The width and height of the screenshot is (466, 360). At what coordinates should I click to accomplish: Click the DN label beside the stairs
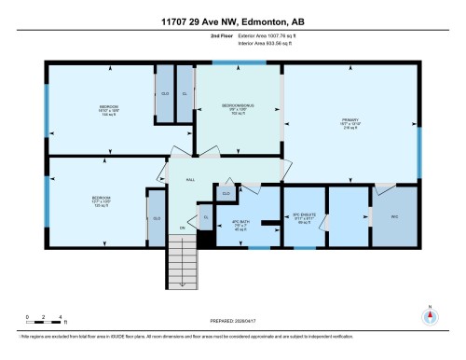pos(183,228)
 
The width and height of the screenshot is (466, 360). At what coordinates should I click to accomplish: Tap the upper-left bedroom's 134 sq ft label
pos(103,117)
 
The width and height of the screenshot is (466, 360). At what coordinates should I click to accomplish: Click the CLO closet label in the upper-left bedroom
pos(165,94)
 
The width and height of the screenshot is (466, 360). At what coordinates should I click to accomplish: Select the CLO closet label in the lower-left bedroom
pos(156,218)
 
